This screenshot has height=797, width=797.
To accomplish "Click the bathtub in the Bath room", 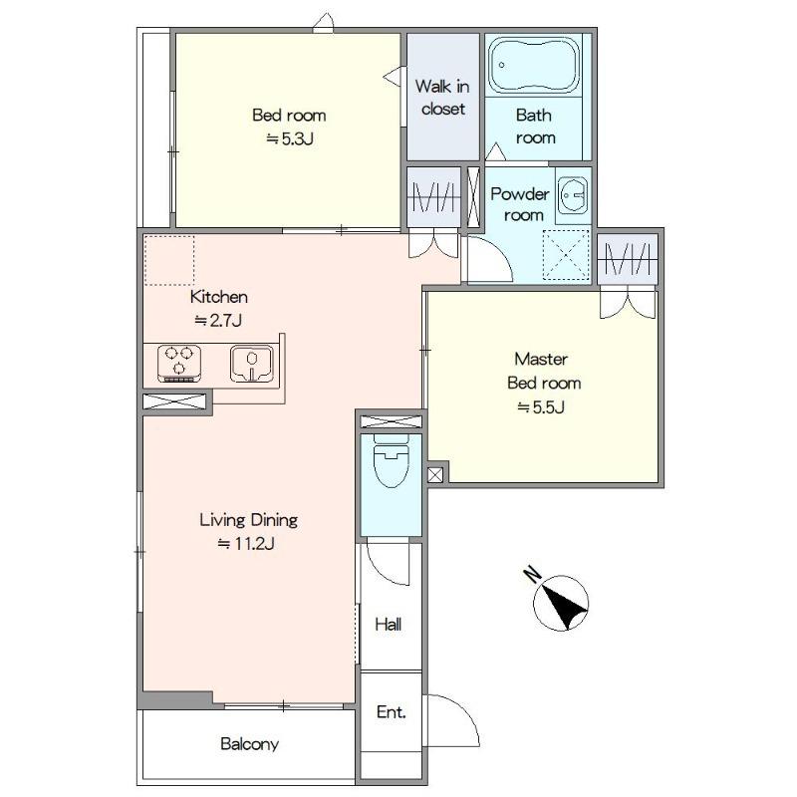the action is [534, 66].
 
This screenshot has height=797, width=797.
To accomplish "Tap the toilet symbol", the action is [391, 460].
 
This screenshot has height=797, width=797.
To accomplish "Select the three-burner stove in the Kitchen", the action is [179, 364].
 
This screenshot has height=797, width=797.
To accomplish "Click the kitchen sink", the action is [252, 364].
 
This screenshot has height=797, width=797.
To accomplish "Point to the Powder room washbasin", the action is [574, 195].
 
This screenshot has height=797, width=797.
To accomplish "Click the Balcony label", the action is [250, 744].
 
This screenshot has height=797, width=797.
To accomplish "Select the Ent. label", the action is [392, 712].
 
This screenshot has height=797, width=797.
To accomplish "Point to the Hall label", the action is [389, 625].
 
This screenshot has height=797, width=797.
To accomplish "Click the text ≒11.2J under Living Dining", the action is [246, 544].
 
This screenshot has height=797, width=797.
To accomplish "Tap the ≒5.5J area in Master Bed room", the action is [541, 407].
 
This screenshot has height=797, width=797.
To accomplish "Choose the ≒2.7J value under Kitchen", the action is [218, 320].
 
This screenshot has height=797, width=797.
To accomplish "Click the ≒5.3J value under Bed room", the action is [289, 138].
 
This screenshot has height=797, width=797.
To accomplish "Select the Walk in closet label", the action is [442, 98].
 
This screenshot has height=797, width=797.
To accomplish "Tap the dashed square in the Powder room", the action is [566, 255].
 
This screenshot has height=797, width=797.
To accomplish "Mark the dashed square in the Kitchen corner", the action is [169, 260].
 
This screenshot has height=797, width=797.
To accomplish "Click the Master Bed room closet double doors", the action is [628, 303].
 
